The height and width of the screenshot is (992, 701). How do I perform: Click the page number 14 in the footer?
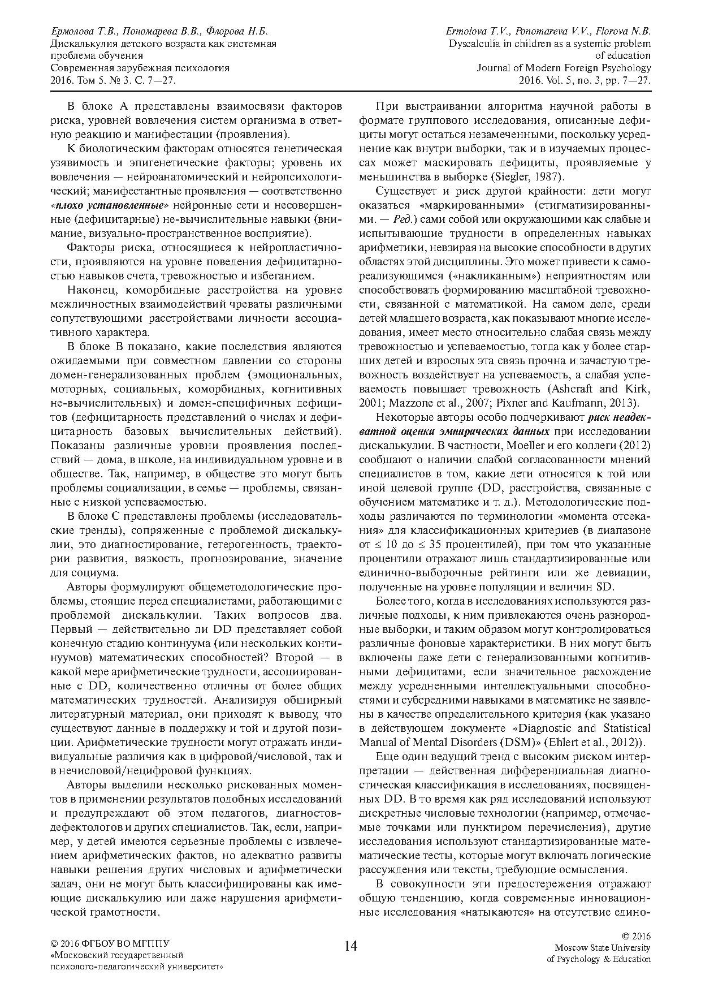(350, 946)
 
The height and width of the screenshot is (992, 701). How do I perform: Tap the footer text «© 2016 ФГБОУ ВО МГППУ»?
(110, 943)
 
